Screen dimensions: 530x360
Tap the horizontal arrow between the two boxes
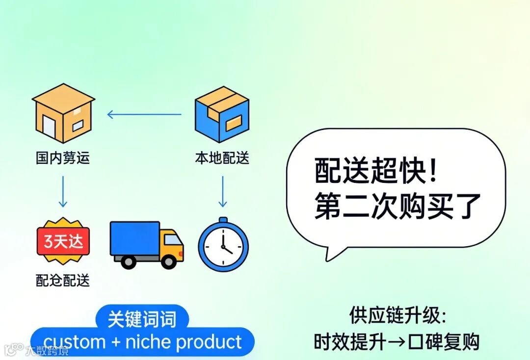(144, 115)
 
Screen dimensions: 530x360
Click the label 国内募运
(63, 158)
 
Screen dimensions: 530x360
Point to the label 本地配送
(222, 158)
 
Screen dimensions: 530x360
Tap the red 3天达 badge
(63, 241)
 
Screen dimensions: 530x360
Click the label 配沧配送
(63, 280)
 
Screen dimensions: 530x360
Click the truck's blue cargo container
(134, 238)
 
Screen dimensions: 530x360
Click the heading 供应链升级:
(397, 315)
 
